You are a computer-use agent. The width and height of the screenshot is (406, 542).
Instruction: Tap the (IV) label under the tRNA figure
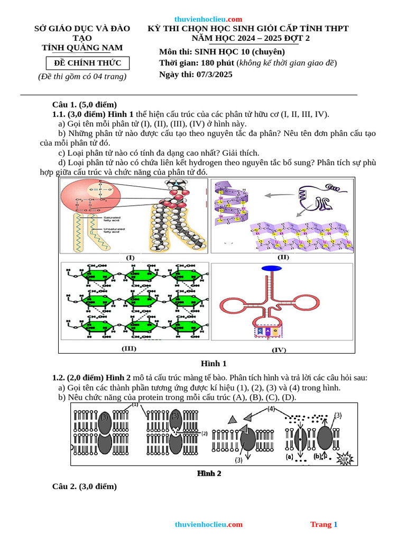point(279,350)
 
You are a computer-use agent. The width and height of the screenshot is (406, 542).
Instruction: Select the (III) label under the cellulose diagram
point(129,348)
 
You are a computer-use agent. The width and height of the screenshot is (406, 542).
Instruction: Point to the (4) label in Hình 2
point(271,409)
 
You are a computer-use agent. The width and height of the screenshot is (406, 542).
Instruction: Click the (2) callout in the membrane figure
point(204,433)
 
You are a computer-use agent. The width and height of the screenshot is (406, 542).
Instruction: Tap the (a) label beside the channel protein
point(289,456)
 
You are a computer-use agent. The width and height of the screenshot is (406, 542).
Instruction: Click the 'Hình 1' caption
point(214,364)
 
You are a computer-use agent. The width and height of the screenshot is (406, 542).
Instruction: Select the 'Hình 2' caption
point(209,473)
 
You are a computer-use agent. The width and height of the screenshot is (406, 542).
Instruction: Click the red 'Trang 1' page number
point(324,525)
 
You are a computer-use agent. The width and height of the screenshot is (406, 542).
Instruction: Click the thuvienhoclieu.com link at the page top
point(208,19)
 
